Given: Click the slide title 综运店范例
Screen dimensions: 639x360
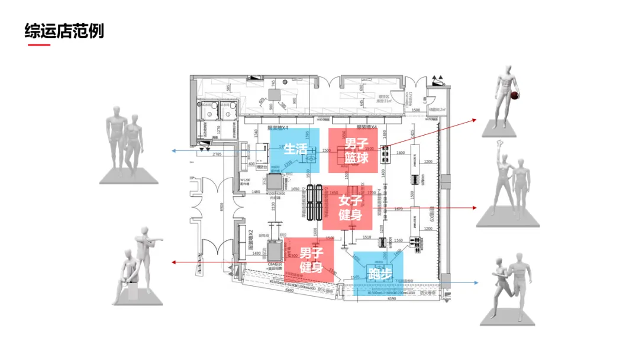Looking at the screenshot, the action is (64, 30).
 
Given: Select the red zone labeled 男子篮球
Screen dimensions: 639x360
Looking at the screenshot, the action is (353, 151).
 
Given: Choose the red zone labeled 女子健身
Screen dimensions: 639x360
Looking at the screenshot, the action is (349, 208).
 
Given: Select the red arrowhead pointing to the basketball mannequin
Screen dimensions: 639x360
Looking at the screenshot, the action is (475, 120).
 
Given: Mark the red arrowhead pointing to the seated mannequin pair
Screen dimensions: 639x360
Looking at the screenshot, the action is (173, 262).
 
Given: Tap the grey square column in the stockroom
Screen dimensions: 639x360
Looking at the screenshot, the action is (273, 95).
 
